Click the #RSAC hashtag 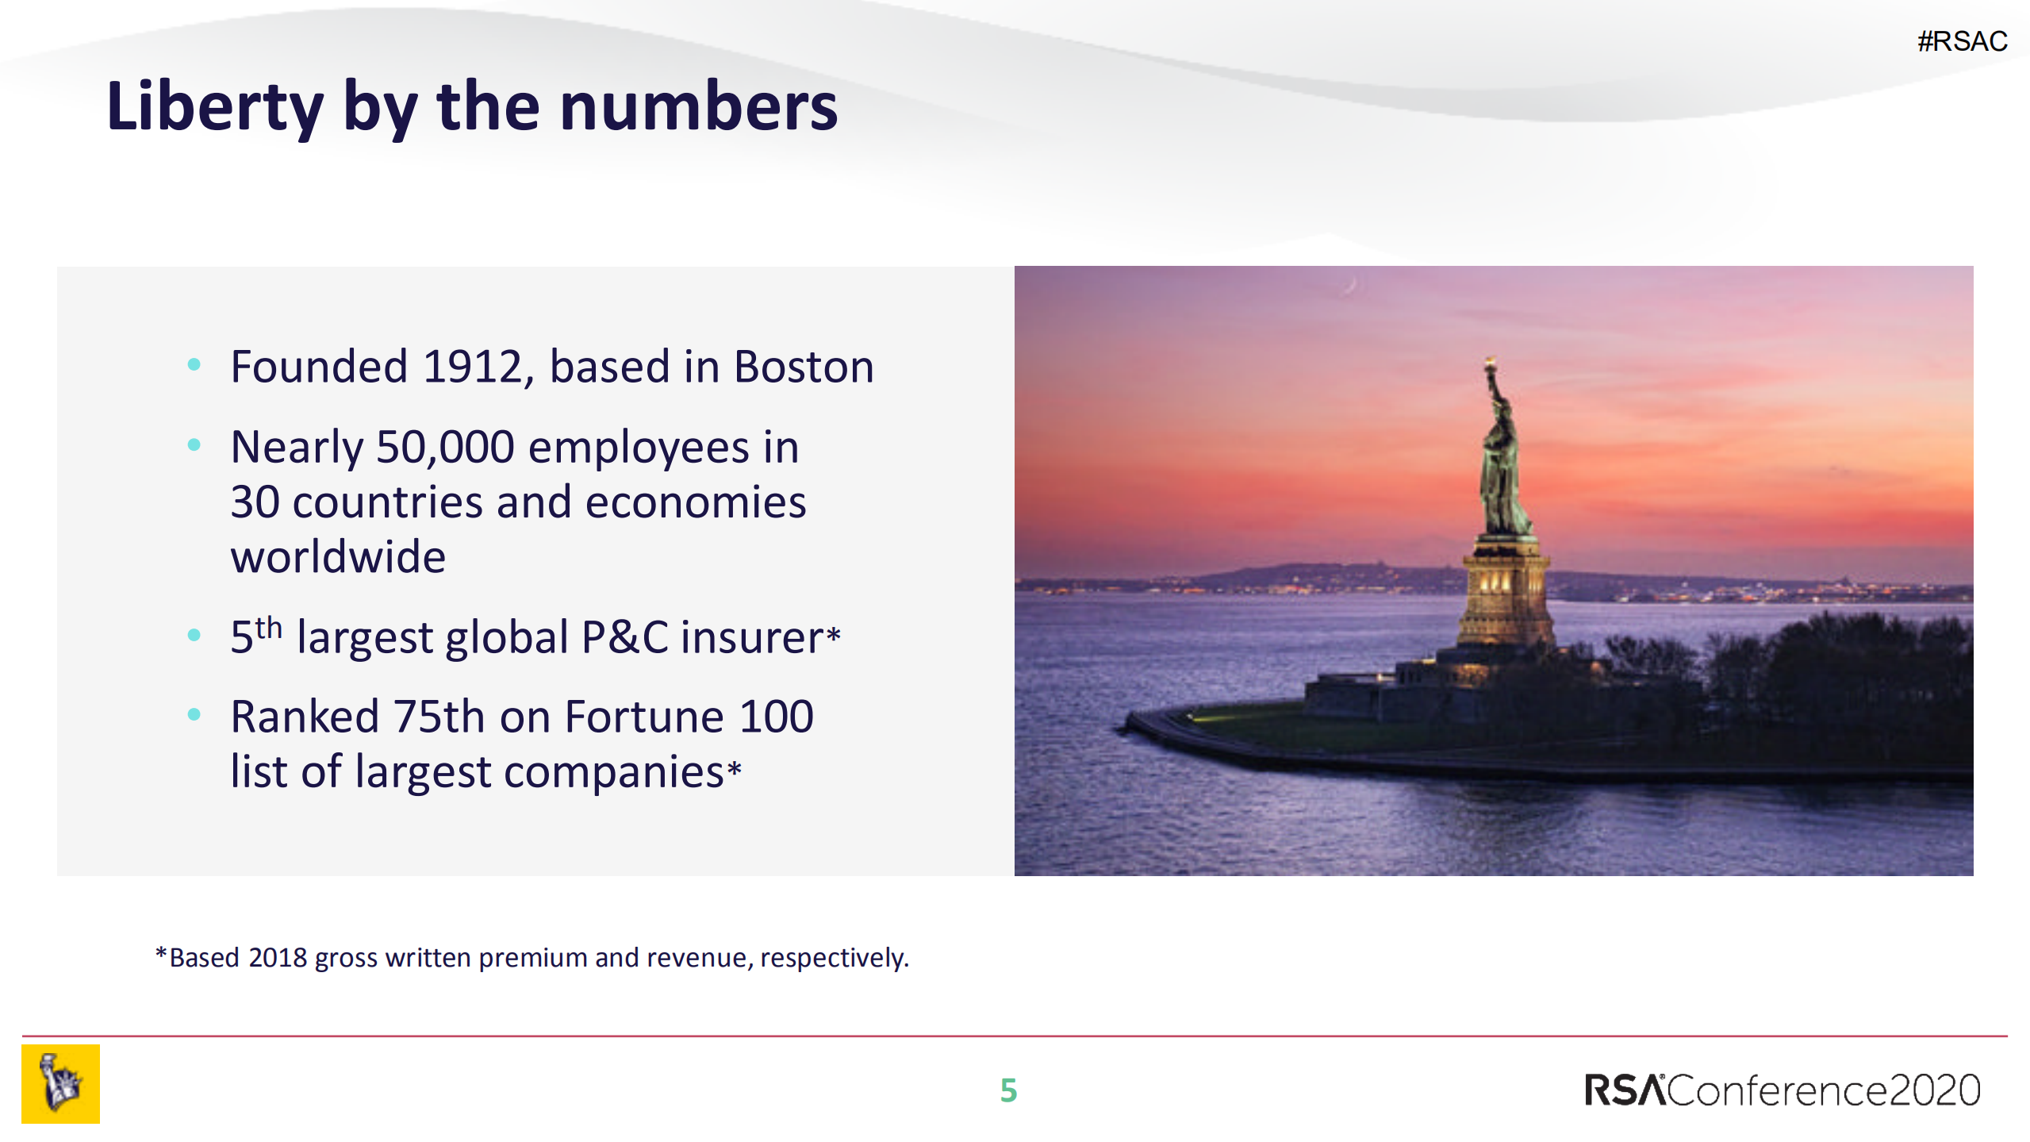pyautogui.click(x=1962, y=41)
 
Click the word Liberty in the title pyautogui.click(x=215, y=107)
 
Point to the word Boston pyautogui.click(x=804, y=367)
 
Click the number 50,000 pyautogui.click(x=445, y=448)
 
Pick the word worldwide pyautogui.click(x=338, y=556)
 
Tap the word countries pyautogui.click(x=387, y=502)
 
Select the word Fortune pyautogui.click(x=644, y=717)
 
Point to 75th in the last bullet pyautogui.click(x=439, y=717)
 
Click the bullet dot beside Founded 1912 pyautogui.click(x=194, y=365)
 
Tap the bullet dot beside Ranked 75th pyautogui.click(x=194, y=714)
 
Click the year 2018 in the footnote pyautogui.click(x=278, y=958)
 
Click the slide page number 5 pyautogui.click(x=1008, y=1090)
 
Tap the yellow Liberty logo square pyautogui.click(x=60, y=1084)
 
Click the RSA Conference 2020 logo pyautogui.click(x=1782, y=1090)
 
